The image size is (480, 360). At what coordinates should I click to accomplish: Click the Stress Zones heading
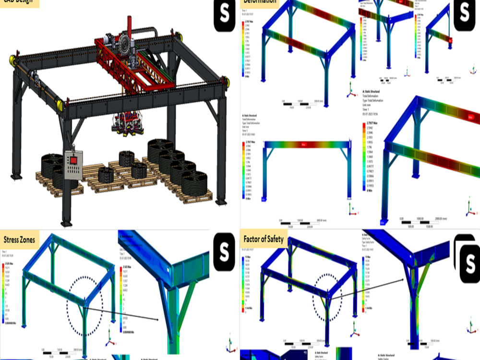point(19,239)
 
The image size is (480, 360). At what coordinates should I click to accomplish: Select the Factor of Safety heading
point(263,239)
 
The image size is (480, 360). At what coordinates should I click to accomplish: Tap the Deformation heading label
point(259,2)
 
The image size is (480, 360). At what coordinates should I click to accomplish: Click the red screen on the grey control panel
point(73,159)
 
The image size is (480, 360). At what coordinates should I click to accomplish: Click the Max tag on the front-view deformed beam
point(303,144)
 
